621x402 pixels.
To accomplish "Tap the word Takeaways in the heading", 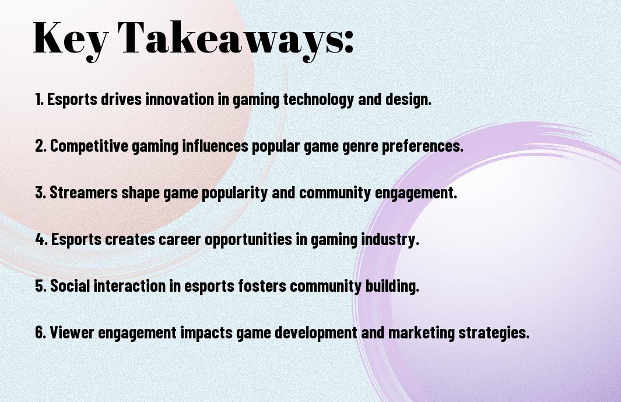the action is tap(231, 39).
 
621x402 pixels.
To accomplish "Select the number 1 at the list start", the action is tap(39, 99).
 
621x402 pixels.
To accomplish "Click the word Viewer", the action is tap(72, 333).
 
